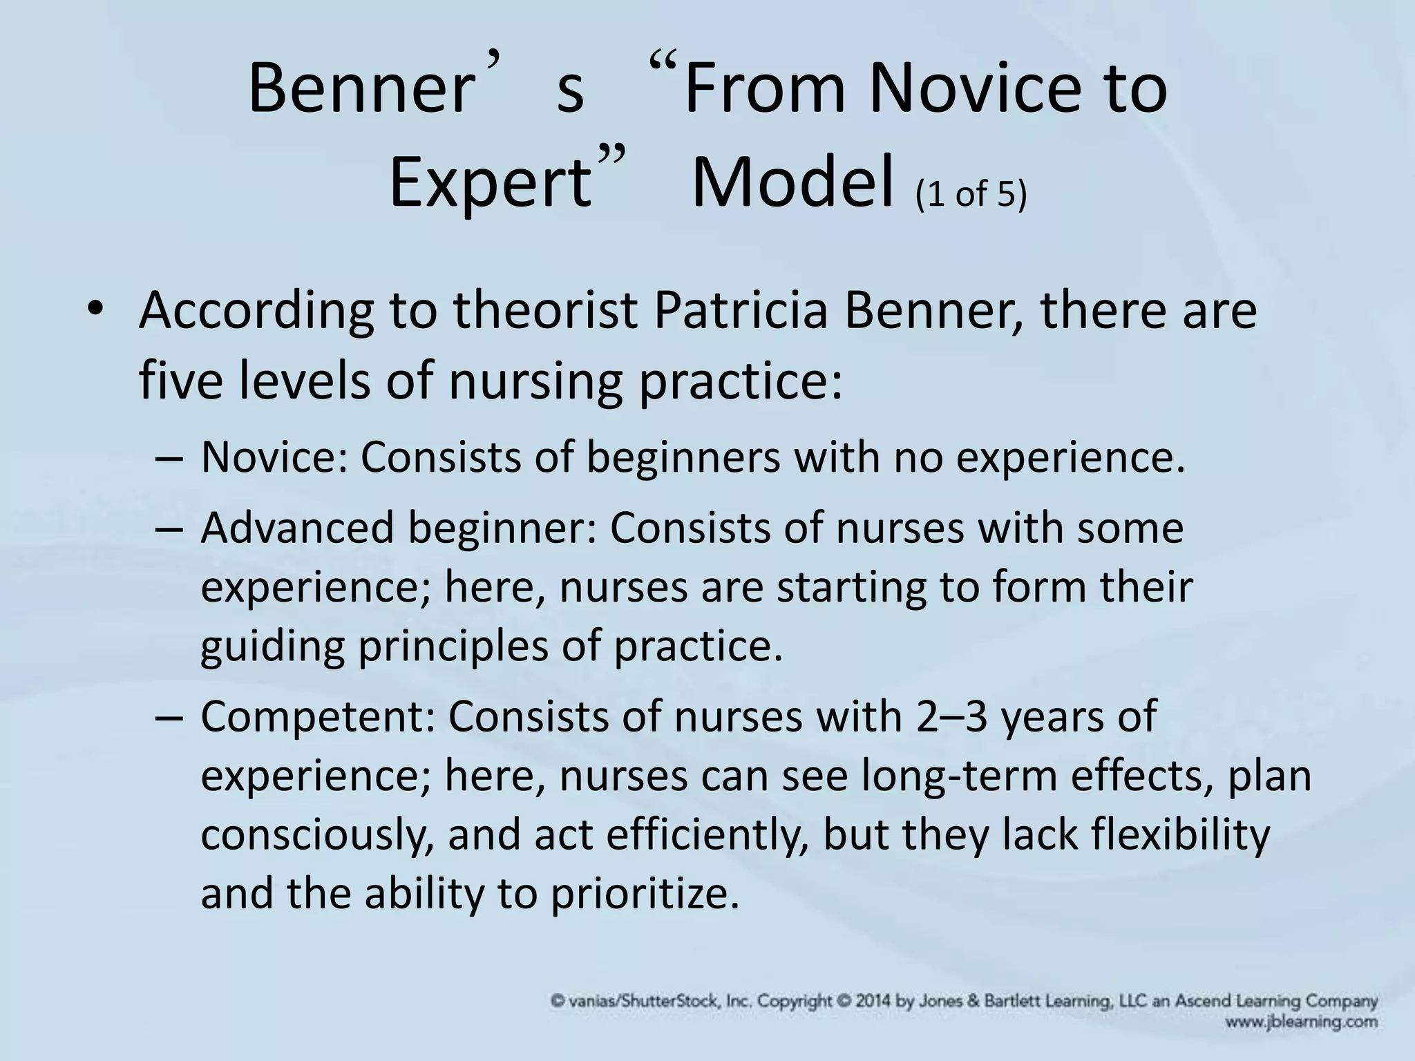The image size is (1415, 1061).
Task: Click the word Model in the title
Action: coord(793,183)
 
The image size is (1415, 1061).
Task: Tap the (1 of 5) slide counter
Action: coord(971,194)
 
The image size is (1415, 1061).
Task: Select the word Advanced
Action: coord(298,528)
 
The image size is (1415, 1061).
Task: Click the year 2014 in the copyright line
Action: coord(873,1001)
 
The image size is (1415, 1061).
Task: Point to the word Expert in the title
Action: coord(491,183)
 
